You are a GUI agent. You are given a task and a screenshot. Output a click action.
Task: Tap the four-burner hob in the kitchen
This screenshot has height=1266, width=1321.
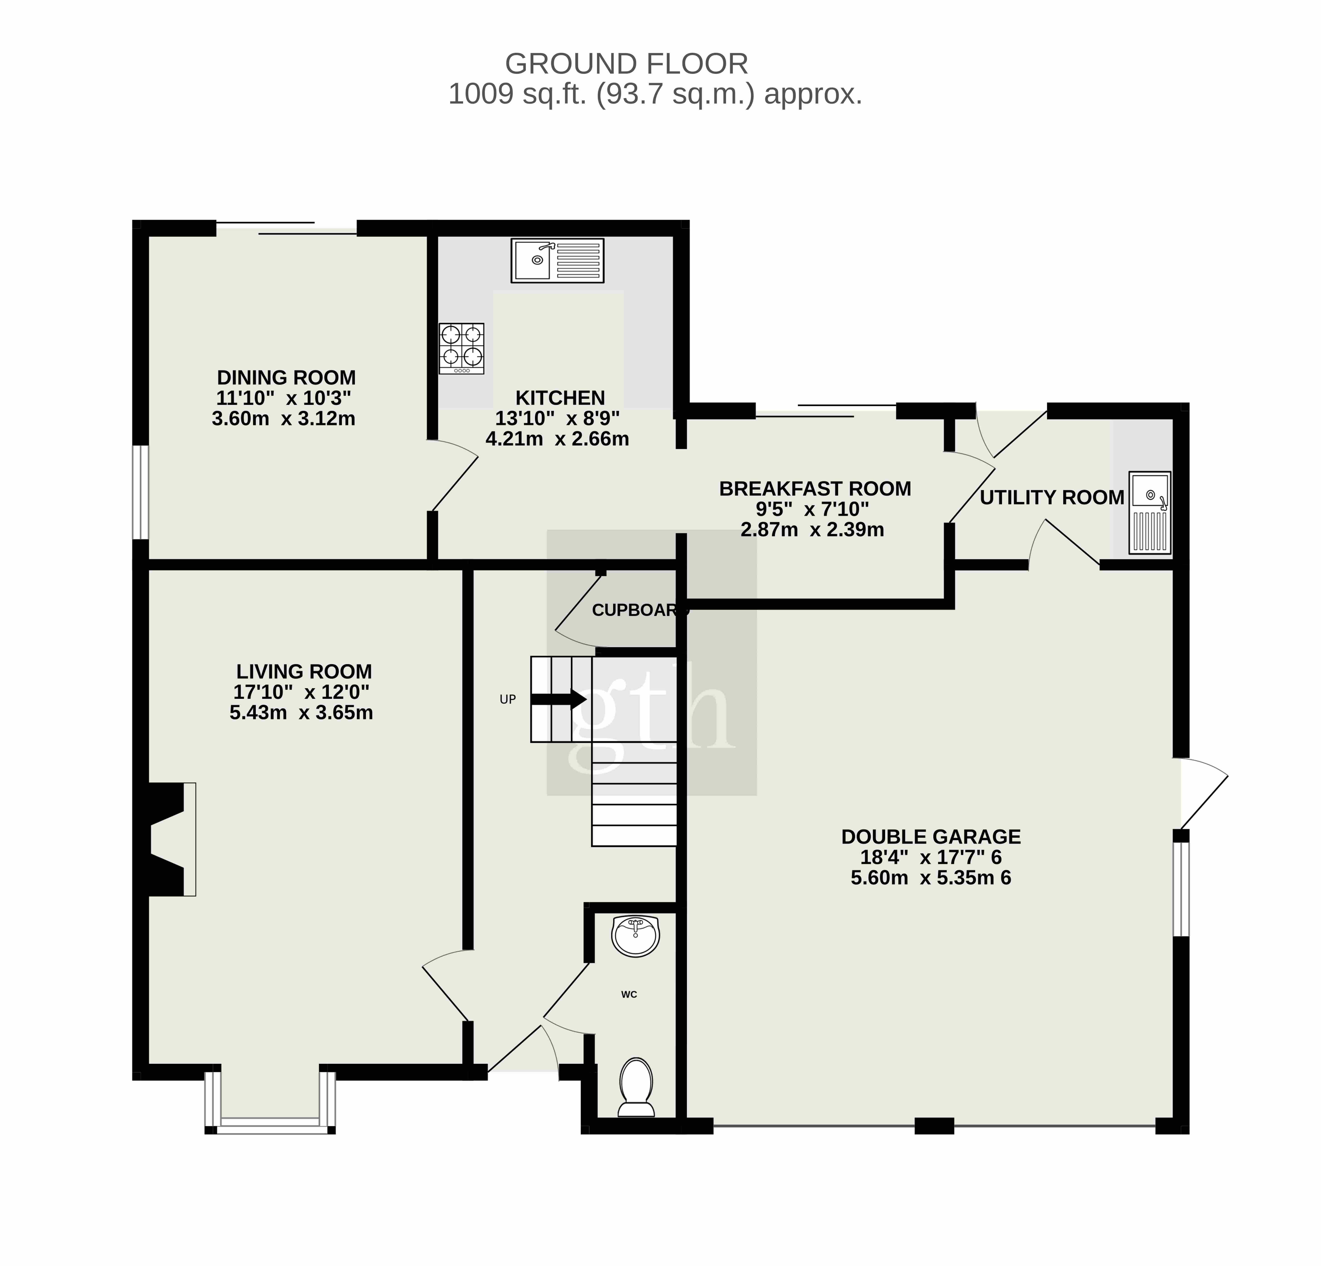462,348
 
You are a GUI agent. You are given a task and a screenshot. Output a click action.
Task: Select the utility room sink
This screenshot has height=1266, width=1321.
1151,513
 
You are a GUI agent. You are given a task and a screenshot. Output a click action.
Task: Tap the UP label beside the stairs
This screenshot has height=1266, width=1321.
508,699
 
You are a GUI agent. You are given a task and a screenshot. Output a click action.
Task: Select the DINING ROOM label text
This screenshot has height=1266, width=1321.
287,377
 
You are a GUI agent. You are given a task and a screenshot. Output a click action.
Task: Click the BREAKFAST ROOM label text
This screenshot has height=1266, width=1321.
815,488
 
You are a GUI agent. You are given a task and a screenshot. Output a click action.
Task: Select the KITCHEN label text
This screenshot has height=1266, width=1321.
560,398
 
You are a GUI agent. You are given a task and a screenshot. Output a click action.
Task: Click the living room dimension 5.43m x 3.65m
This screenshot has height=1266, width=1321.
301,712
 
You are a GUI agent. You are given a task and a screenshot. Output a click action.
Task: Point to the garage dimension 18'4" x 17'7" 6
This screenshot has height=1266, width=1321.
931,857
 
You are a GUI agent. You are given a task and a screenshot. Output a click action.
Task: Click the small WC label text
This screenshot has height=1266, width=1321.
629,994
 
